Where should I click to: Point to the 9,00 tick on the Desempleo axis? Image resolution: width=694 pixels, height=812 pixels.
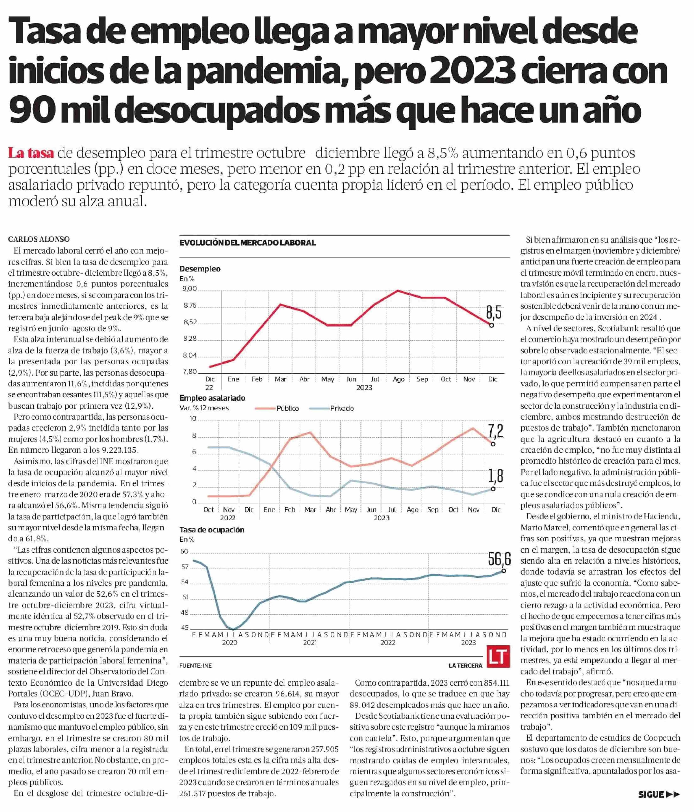coord(190,289)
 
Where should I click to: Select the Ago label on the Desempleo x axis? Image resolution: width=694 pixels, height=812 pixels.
coord(399,379)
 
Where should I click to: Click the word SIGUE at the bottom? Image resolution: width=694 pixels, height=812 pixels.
coord(651,795)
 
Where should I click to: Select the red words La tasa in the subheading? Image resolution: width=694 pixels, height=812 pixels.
coord(31,153)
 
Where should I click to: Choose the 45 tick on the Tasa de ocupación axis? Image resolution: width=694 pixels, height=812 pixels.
coord(185,627)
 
